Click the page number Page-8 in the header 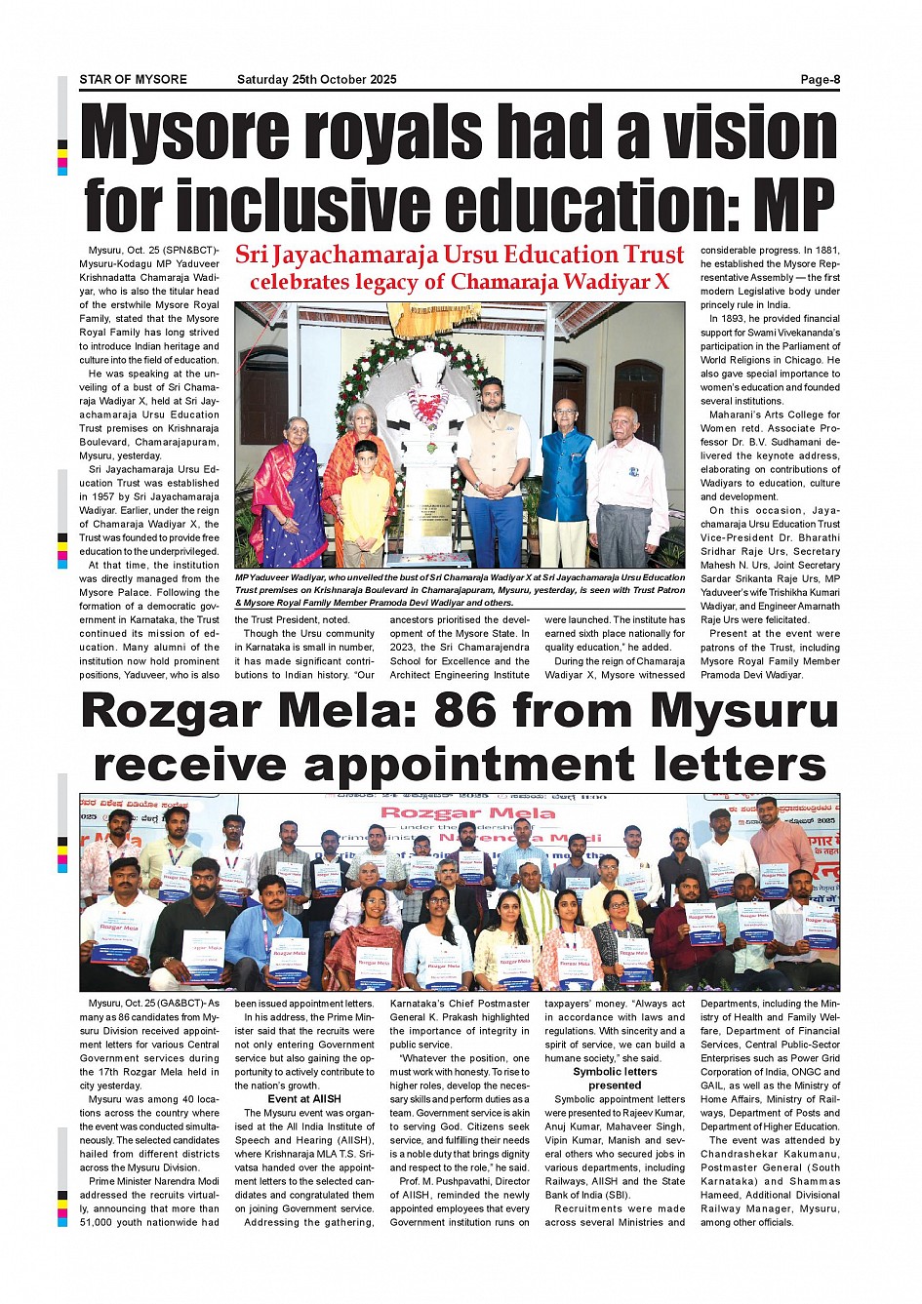pos(820,80)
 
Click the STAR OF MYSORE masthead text pos(133,80)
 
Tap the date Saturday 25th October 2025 pos(316,80)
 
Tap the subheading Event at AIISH pos(304,1099)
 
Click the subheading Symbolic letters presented pos(615,1079)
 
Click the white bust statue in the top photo pos(425,419)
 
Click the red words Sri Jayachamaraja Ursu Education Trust pos(460,256)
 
